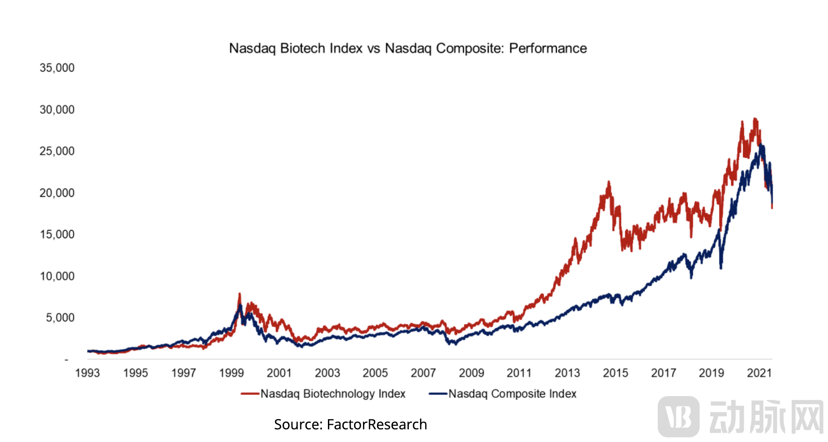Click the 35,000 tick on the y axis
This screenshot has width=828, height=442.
pyautogui.click(x=57, y=68)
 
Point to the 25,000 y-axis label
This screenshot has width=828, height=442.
pyautogui.click(x=57, y=151)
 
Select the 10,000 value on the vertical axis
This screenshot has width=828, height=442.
pyautogui.click(x=57, y=276)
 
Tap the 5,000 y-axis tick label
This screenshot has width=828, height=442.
pyautogui.click(x=60, y=318)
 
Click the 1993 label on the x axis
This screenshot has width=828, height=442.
pyautogui.click(x=87, y=373)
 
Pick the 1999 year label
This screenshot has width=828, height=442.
pyautogui.click(x=232, y=373)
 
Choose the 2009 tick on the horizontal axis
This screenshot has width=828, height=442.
pyautogui.click(x=471, y=373)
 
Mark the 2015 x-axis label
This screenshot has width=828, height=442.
pyautogui.click(x=615, y=373)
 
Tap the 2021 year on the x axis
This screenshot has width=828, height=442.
pyautogui.click(x=759, y=373)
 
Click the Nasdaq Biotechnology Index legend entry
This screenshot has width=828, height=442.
pyautogui.click(x=332, y=394)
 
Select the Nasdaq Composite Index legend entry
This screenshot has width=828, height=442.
pyautogui.click(x=512, y=394)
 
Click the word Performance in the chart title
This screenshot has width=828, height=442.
pyautogui.click(x=548, y=48)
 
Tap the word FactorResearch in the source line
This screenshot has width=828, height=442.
pyautogui.click(x=377, y=424)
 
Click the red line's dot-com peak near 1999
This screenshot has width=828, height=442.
pyautogui.click(x=240, y=294)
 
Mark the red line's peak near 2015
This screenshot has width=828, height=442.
pyautogui.click(x=609, y=182)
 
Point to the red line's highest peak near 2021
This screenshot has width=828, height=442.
pyautogui.click(x=755, y=118)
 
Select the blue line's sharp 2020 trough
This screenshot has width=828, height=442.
pyautogui.click(x=721, y=268)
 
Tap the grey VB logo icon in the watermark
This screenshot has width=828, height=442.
pyautogui.click(x=678, y=416)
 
